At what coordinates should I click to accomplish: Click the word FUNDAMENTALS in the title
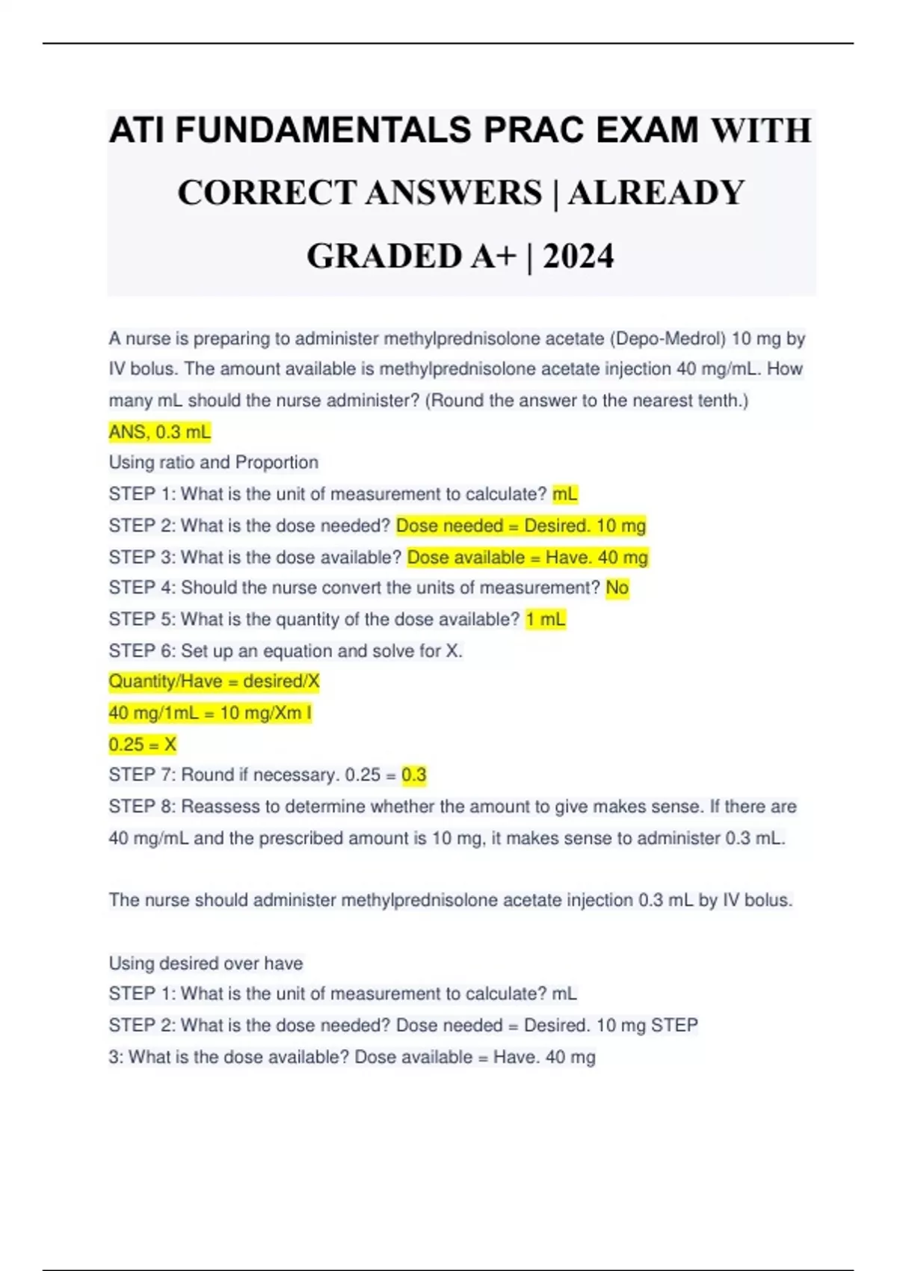coord(324,131)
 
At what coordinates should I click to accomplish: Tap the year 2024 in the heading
coord(578,256)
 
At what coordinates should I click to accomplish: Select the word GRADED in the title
coord(384,256)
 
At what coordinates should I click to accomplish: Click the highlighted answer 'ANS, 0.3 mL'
coord(160,432)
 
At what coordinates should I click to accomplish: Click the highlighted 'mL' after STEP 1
coord(565,494)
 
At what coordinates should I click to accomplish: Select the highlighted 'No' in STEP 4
coord(617,588)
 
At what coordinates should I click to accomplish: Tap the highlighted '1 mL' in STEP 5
coord(546,620)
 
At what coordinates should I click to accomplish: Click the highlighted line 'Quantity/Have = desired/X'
coord(214,682)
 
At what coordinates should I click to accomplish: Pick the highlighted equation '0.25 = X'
coord(143,745)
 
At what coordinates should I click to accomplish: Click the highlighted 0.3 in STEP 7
coord(413,775)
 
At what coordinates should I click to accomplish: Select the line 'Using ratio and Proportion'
coord(214,463)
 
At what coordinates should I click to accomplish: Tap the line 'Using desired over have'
coord(206,963)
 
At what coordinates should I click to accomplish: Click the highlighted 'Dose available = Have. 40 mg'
coord(528,558)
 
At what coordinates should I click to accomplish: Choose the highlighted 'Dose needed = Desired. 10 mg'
coord(521,526)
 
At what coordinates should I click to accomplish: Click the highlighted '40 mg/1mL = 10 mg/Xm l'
coord(210,713)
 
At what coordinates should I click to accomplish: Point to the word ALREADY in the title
coord(656,194)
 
